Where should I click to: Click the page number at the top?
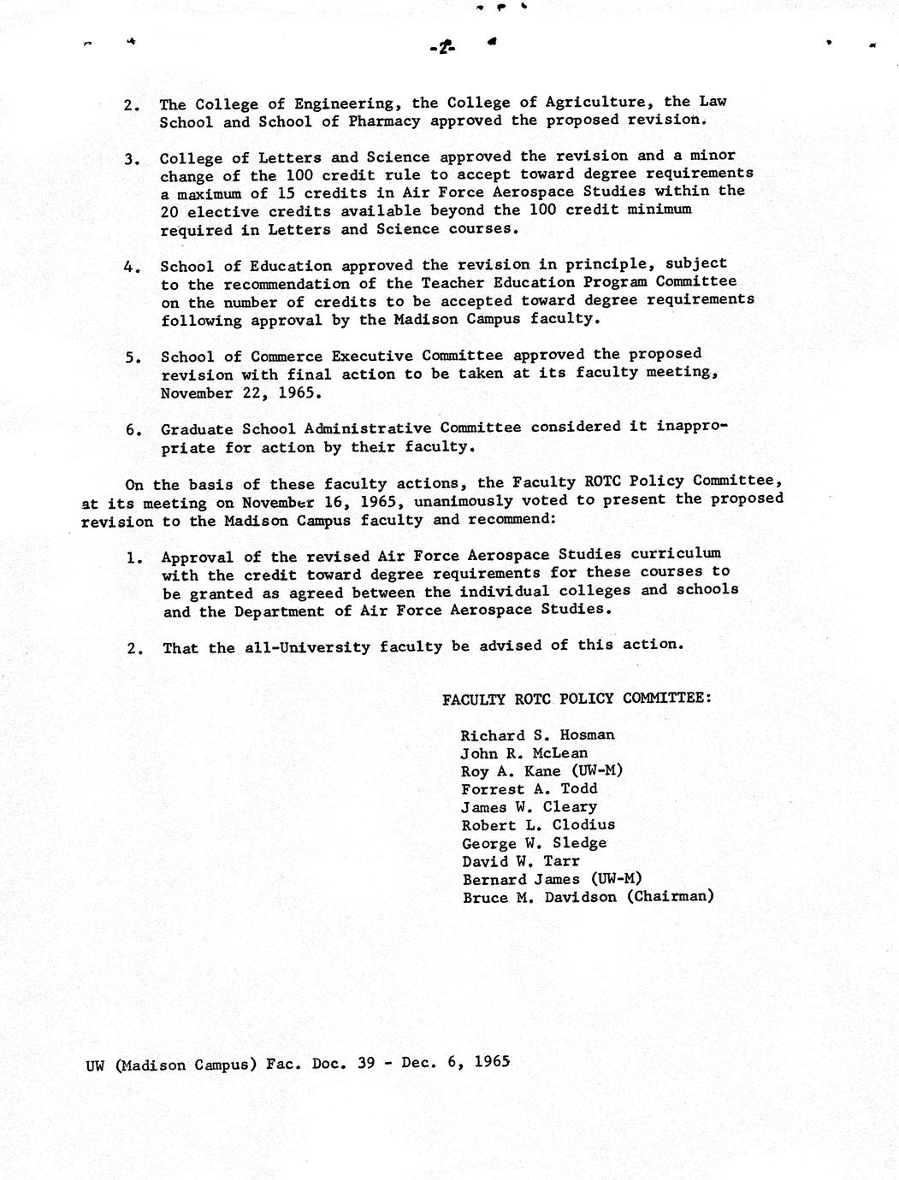coord(441,48)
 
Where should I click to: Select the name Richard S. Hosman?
coord(537,735)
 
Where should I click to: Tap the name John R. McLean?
coord(524,753)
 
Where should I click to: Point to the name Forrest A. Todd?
coord(529,789)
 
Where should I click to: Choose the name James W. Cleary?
coord(529,807)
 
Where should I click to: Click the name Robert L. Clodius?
coord(538,825)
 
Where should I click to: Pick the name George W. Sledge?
coord(534,843)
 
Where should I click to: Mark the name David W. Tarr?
coord(520,861)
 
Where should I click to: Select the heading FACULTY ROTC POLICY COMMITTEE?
coord(577,699)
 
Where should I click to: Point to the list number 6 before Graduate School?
coord(133,430)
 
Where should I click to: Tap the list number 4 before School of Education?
coord(132,267)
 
